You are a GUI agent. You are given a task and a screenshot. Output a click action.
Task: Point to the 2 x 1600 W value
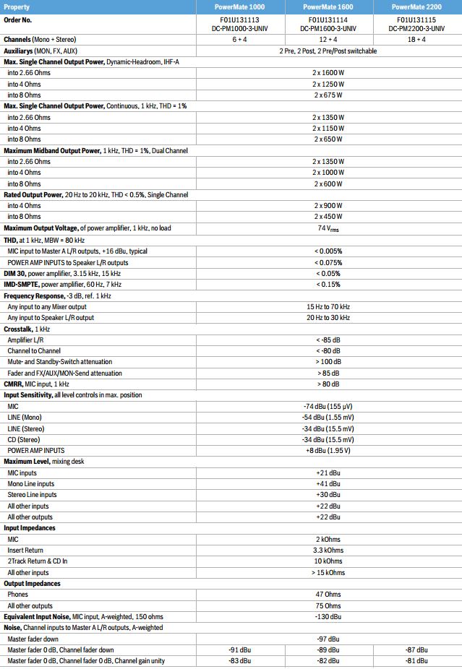coord(328,73)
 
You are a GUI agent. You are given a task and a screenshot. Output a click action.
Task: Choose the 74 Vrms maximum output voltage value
coord(328,228)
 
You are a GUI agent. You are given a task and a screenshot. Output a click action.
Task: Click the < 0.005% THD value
coord(328,251)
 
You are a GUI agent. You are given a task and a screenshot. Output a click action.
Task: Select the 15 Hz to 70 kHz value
coord(328,306)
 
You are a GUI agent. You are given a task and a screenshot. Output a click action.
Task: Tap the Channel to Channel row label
coord(34,350)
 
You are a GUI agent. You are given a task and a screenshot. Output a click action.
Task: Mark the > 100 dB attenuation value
coord(328,362)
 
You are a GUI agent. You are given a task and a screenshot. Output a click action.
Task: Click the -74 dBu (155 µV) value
coord(328,406)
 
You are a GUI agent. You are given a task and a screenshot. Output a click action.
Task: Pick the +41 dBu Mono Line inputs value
coord(328,484)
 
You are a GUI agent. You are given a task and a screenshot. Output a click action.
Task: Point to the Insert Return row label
coord(25,551)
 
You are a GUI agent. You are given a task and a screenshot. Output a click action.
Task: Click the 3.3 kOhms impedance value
coord(328,551)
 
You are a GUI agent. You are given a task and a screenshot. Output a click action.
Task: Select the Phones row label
coord(18,595)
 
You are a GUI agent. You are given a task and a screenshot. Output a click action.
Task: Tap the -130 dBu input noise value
coord(328,617)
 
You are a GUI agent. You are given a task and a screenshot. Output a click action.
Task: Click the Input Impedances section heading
coord(30,528)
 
